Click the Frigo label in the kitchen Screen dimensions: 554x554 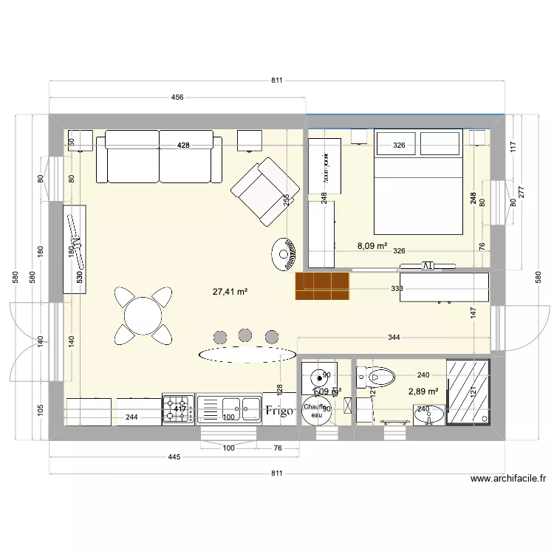(281, 411)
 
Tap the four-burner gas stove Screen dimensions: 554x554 (178, 408)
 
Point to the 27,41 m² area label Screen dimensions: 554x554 (230, 292)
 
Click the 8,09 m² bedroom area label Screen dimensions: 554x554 (372, 246)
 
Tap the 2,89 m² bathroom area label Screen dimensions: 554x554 (423, 391)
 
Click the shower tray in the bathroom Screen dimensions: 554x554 (468, 392)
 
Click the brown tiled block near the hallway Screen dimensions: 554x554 (322, 287)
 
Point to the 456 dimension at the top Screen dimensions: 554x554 (177, 97)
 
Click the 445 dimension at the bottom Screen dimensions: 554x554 (174, 458)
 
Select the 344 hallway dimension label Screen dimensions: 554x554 (394, 338)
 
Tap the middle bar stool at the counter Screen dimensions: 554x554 (245, 335)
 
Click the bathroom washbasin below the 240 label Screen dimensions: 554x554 (425, 417)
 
